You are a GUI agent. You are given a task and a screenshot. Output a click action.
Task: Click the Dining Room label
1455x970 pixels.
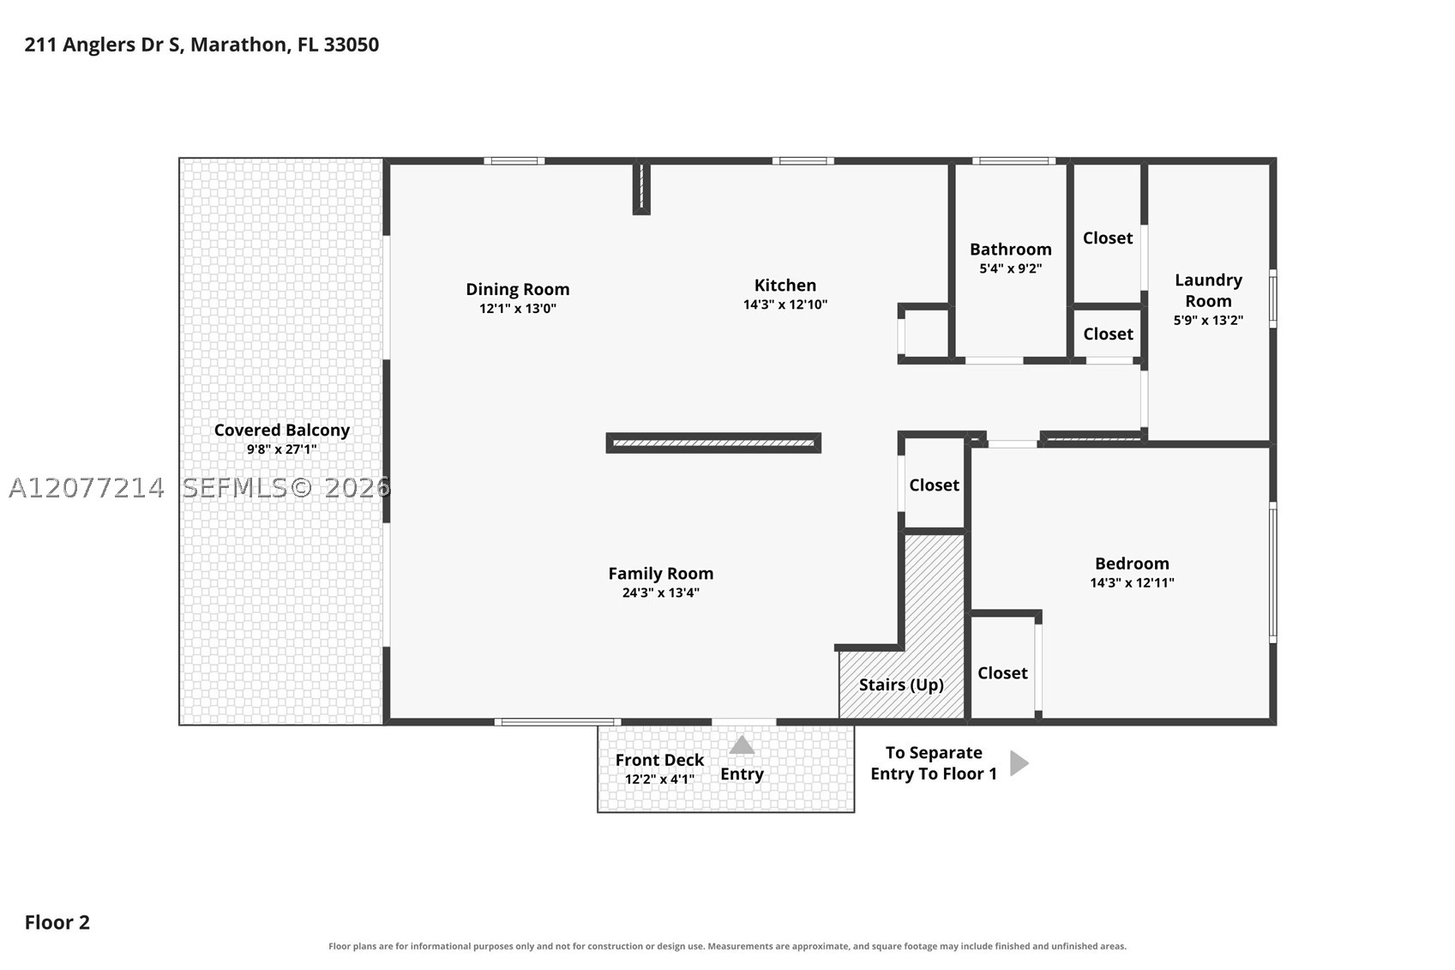[x=518, y=289]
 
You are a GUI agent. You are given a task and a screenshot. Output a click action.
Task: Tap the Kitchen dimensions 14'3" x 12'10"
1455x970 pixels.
[x=785, y=304]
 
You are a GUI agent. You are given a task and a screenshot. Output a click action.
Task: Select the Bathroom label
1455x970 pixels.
[x=1011, y=249]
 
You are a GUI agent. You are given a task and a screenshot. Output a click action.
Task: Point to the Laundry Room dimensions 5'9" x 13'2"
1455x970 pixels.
[x=1208, y=320]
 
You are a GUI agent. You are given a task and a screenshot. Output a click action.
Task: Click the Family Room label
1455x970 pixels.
[x=660, y=573]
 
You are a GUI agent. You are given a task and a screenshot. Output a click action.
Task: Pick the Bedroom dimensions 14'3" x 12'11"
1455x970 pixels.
[x=1132, y=582]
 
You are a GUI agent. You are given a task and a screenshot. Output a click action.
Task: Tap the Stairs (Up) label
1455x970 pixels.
[x=902, y=684]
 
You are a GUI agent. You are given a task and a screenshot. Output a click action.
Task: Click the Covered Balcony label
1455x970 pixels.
[x=282, y=430]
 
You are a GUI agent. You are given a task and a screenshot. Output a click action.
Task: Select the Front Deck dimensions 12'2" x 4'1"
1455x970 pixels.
[x=659, y=779]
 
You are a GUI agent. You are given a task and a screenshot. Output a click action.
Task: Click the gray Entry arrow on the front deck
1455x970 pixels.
[x=742, y=745]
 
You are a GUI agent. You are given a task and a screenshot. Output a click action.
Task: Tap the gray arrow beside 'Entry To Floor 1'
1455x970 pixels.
[x=1019, y=763]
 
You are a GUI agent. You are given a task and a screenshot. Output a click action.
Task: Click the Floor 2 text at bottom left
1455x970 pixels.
[x=57, y=923]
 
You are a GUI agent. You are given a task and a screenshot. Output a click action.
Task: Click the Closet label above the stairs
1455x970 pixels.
[x=934, y=485]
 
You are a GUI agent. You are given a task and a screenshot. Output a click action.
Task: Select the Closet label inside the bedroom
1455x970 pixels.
[x=1002, y=673]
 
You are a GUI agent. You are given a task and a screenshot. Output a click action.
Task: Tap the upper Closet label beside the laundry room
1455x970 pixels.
[x=1108, y=238]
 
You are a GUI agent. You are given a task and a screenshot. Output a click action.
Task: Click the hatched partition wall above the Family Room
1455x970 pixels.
[x=713, y=443]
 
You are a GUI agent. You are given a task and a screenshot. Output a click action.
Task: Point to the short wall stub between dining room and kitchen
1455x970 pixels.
[x=641, y=187]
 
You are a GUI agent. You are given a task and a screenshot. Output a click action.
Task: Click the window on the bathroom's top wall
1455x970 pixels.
[x=1013, y=161]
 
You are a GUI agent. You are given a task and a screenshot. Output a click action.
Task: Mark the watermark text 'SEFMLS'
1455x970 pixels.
[x=234, y=488]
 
